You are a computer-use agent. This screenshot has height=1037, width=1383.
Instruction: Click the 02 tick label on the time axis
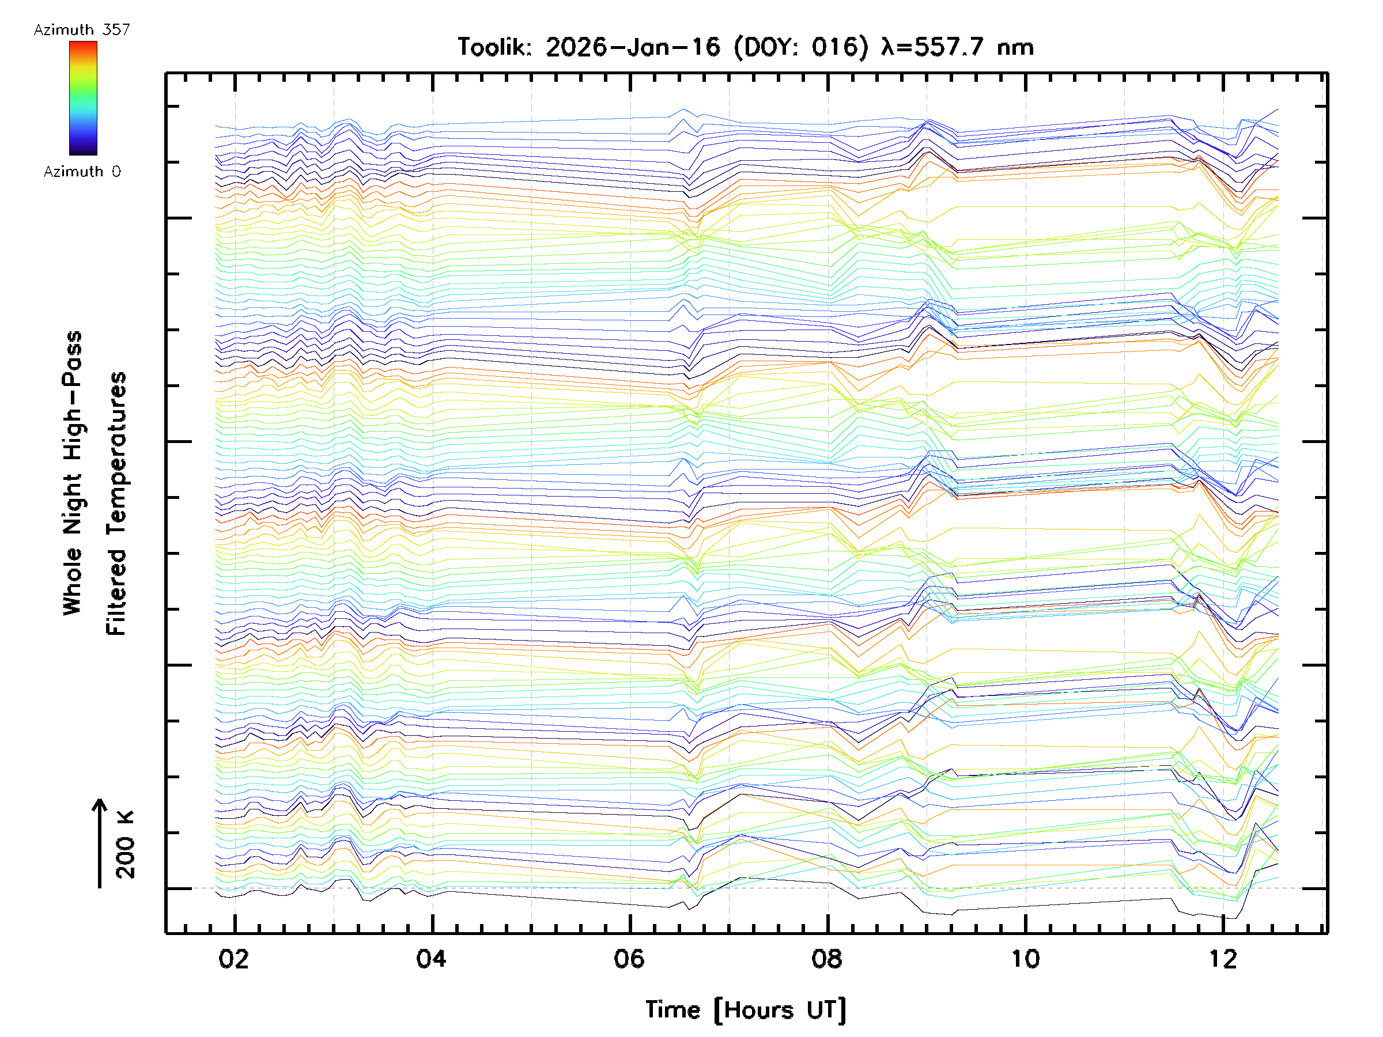[x=233, y=959]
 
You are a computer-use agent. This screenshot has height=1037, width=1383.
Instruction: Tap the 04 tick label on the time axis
[x=432, y=959]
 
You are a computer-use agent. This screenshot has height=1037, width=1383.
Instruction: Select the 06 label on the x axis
[x=629, y=959]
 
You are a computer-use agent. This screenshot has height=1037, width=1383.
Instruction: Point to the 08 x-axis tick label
[x=827, y=959]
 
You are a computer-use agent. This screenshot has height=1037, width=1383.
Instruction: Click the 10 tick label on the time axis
[x=1025, y=959]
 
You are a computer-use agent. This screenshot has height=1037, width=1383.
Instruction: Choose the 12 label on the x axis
[x=1223, y=959]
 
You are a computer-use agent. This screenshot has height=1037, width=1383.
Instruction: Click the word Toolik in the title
[x=494, y=47]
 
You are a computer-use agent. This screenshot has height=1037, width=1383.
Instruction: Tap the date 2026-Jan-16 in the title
[x=633, y=47]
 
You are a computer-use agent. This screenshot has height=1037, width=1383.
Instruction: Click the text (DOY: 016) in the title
[x=801, y=47]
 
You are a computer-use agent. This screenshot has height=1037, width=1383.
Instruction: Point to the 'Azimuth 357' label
[x=82, y=30]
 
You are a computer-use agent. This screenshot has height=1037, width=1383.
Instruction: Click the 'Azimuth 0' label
[x=82, y=172]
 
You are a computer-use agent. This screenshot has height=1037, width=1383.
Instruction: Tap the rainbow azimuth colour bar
[x=83, y=98]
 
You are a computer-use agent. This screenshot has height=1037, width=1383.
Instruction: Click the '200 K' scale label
[x=125, y=845]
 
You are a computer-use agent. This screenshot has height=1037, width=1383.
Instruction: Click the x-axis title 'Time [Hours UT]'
[x=745, y=1010]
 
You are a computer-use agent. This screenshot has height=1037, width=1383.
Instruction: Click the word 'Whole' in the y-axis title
[x=73, y=581]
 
